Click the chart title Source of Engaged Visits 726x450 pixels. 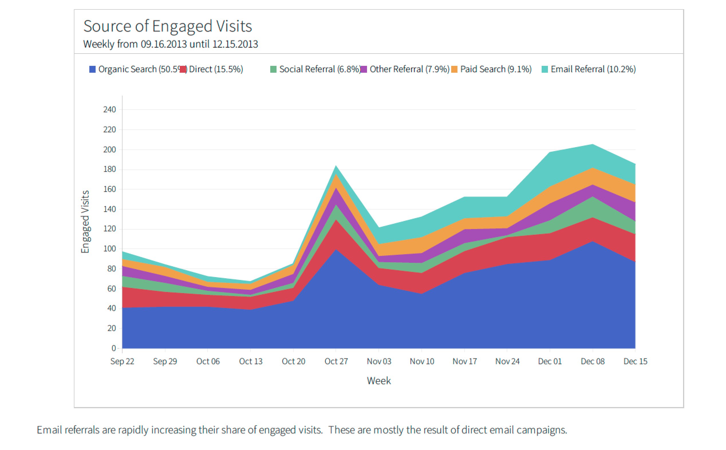tap(167, 26)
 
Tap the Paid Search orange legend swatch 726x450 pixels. tap(454, 69)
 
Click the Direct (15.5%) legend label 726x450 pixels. tap(216, 69)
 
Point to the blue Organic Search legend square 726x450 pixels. tap(92, 69)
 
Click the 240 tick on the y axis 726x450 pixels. tap(109, 110)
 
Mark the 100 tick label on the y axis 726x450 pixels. tap(109, 248)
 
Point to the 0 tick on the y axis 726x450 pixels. tap(114, 348)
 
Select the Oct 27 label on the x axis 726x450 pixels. tap(336, 361)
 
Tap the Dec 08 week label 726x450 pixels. tap(592, 361)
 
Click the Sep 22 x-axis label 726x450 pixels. tap(122, 361)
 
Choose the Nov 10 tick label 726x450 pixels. tap(422, 361)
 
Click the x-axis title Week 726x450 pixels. tap(378, 381)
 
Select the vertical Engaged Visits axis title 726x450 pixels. tap(85, 222)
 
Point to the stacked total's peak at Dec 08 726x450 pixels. tap(592, 145)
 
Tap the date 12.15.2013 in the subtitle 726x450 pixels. tap(235, 44)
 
